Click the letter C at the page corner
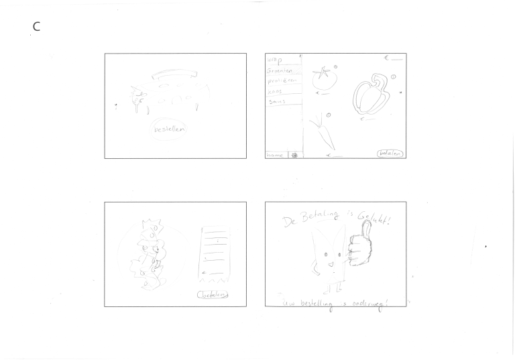[x=36, y=27]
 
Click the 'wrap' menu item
[x=276, y=60]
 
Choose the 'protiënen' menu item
[x=282, y=80]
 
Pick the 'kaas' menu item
[x=276, y=91]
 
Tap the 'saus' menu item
[x=278, y=101]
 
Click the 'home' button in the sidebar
[x=275, y=154]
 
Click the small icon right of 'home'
[x=294, y=154]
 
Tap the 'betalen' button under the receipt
[x=212, y=294]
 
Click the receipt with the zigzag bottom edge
[x=215, y=254]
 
